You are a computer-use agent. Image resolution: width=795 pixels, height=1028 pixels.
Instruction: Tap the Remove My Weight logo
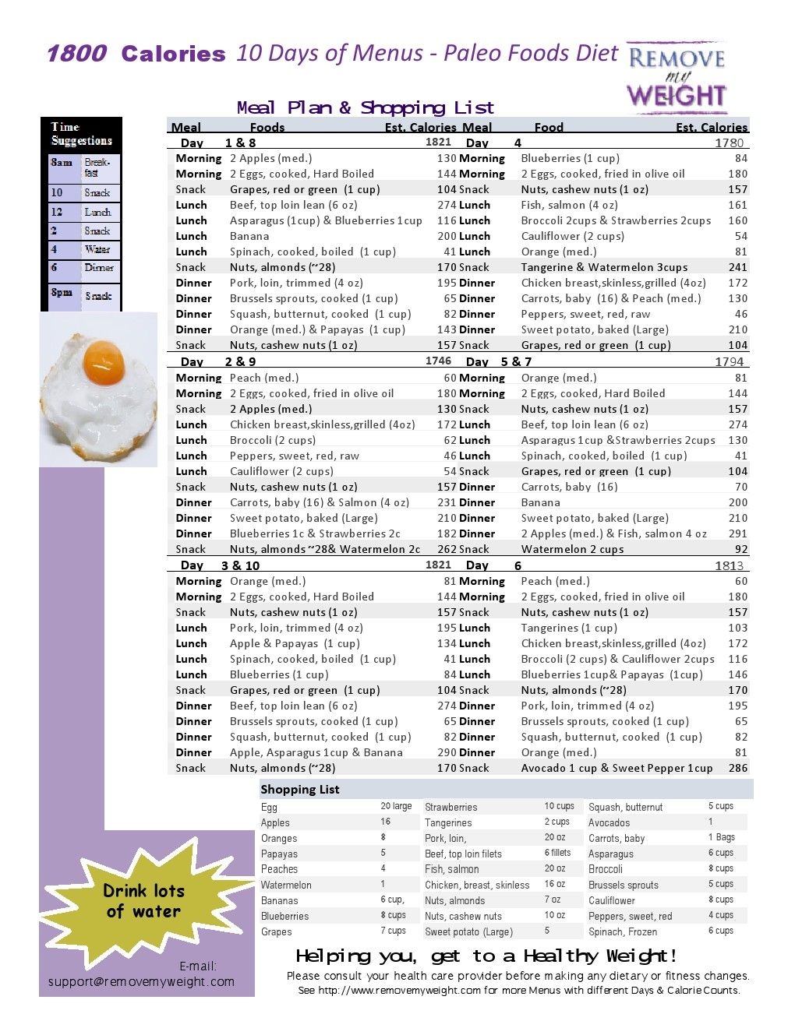coord(677,77)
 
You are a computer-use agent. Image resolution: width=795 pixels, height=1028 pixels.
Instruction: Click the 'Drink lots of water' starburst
coord(144,901)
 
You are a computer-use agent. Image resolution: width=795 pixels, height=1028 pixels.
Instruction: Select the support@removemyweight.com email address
coord(141,981)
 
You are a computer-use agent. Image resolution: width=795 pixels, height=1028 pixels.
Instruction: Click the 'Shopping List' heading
coord(300,789)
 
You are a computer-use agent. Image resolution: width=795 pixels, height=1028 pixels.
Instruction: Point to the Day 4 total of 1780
coord(729,143)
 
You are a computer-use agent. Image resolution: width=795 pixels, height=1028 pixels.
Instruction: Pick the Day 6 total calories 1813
coord(729,565)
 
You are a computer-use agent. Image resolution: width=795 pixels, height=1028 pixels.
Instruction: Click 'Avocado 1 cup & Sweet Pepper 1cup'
coord(617,768)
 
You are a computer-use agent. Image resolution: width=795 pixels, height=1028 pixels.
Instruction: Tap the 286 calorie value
coord(737,768)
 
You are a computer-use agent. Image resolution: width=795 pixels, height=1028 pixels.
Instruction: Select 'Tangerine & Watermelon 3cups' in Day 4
coord(604,267)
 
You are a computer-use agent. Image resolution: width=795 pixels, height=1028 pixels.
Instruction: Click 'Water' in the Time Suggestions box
coord(97,249)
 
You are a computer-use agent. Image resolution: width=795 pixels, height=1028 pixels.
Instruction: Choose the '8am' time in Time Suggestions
coord(62,163)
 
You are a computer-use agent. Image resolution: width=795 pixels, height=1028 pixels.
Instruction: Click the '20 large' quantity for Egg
coord(396,806)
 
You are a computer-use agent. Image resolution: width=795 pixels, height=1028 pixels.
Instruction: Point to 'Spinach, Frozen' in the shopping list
coord(623,931)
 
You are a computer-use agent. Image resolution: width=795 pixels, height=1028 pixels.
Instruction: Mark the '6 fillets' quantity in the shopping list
coord(557,853)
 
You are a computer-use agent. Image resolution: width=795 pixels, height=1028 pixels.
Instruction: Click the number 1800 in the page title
coord(76,54)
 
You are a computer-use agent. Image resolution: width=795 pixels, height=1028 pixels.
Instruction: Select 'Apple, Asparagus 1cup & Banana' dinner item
coord(316,752)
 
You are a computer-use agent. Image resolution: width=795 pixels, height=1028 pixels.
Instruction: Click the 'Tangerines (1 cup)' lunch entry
coord(569,628)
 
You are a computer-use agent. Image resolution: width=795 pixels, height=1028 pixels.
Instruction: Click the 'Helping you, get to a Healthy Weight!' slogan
coord(486,956)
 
